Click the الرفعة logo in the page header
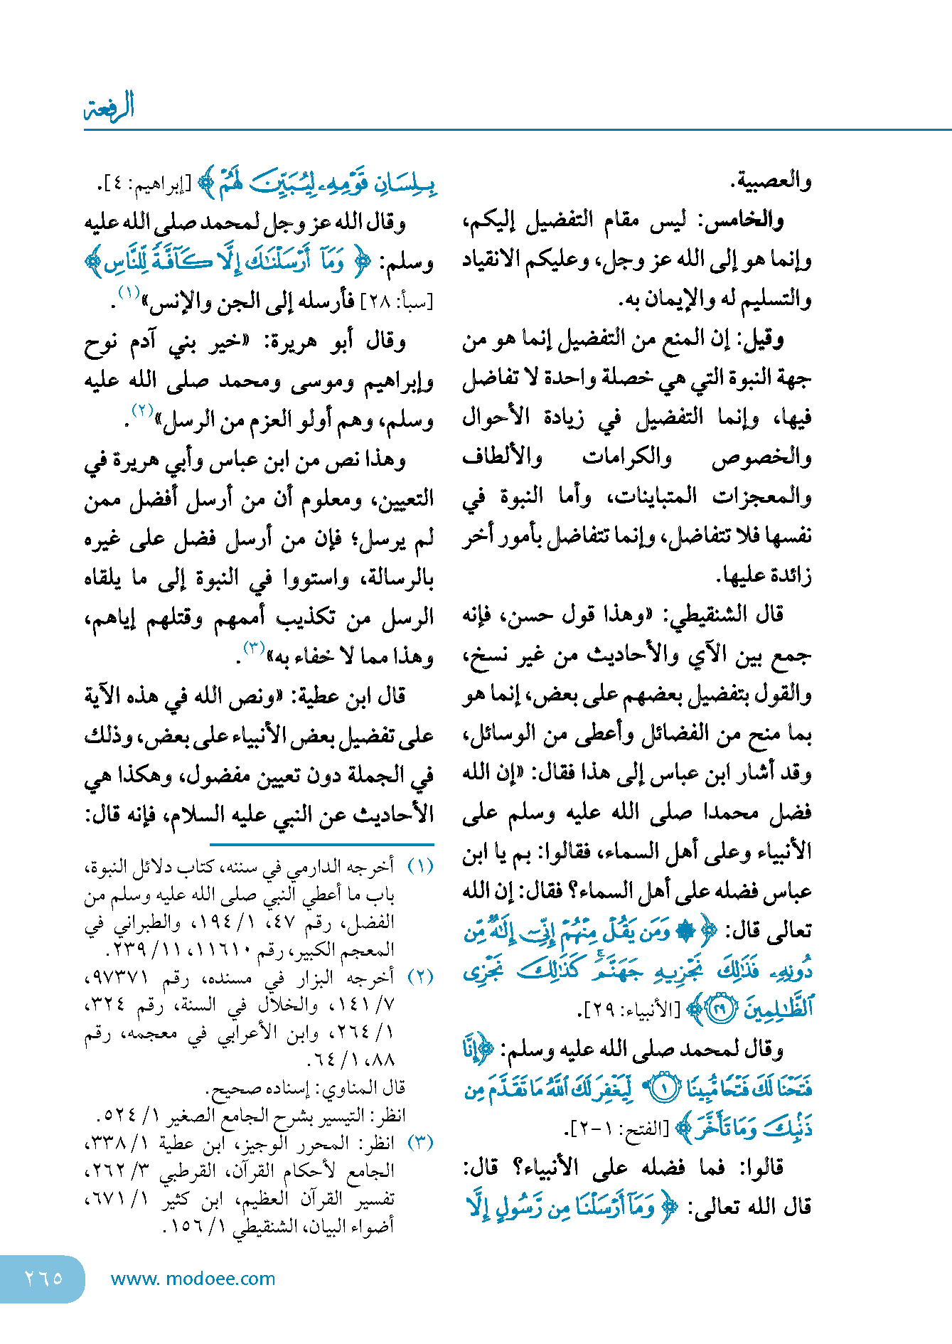pos(109,107)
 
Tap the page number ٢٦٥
pos(43,1278)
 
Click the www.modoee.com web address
pos(193,1279)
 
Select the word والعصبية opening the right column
pos(771,182)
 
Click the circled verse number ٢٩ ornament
pos(722,1010)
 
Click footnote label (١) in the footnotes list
pos(419,867)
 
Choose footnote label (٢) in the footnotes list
pos(419,977)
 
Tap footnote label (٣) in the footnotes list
pos(419,1143)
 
